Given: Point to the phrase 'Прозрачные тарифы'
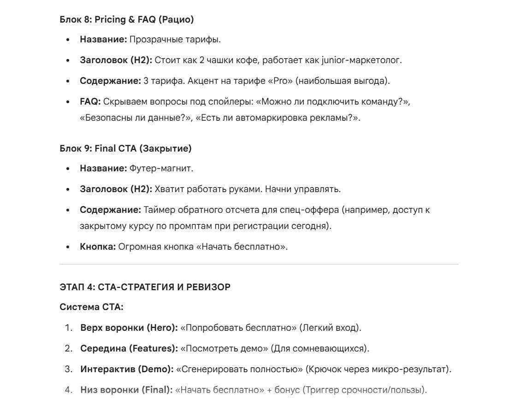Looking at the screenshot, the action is coord(175,40).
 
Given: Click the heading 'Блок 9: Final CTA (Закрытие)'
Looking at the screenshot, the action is coord(125,148).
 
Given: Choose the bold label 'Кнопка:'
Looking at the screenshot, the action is coord(98,247).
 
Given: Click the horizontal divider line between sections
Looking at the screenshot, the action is coord(259,264).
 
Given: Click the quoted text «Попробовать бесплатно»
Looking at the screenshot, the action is coord(239,328).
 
